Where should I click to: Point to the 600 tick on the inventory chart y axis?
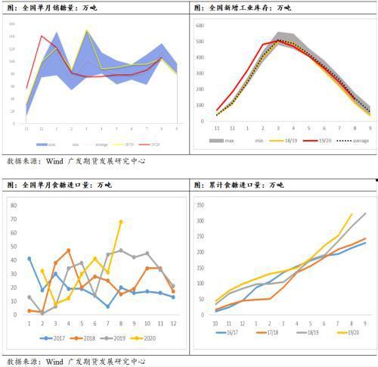point(200,25)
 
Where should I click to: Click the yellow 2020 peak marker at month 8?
point(121,222)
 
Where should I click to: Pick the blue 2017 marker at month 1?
point(29,259)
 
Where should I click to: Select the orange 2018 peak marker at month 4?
point(69,250)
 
